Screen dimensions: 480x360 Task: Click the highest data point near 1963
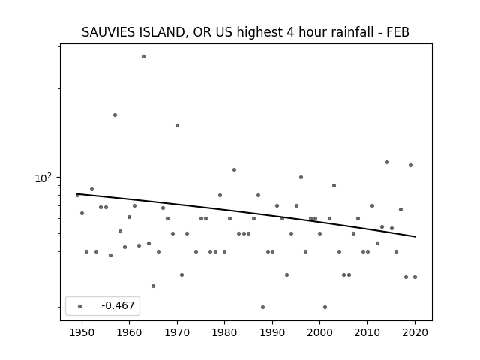pos(143,57)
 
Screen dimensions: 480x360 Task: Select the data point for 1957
pos(115,115)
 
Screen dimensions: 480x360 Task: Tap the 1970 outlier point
pos(177,125)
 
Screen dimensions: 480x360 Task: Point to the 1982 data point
pos(234,170)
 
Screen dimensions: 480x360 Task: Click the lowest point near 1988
pos(263,307)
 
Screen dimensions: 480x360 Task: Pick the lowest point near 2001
pos(325,307)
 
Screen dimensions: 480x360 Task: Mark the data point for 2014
pos(387,162)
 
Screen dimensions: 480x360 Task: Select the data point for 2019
pos(410,165)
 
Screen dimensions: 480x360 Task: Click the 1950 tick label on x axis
pos(82,332)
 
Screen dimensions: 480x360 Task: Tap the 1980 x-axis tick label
pos(224,332)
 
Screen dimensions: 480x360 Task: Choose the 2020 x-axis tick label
pos(415,332)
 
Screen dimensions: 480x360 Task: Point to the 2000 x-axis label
pos(320,332)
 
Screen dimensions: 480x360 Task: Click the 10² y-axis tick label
pos(43,178)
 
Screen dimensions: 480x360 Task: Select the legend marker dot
pos(80,306)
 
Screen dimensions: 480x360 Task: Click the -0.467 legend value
pos(118,305)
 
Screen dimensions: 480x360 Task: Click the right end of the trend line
pos(415,237)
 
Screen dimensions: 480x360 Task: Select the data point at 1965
pos(153,286)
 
